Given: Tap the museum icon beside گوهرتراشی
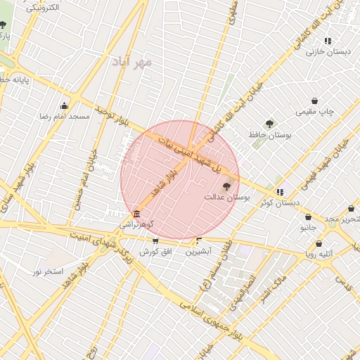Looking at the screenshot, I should (136, 214).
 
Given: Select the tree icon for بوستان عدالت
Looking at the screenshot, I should (226, 187).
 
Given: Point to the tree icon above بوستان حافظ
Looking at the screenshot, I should (269, 124).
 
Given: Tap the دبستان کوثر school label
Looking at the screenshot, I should (279, 202).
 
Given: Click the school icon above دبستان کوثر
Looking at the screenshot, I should (280, 192).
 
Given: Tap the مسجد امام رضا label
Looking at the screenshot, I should (64, 115).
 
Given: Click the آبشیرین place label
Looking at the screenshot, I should (198, 252).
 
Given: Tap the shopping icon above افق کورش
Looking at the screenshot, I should (155, 241).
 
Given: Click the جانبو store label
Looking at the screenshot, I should (309, 228).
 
